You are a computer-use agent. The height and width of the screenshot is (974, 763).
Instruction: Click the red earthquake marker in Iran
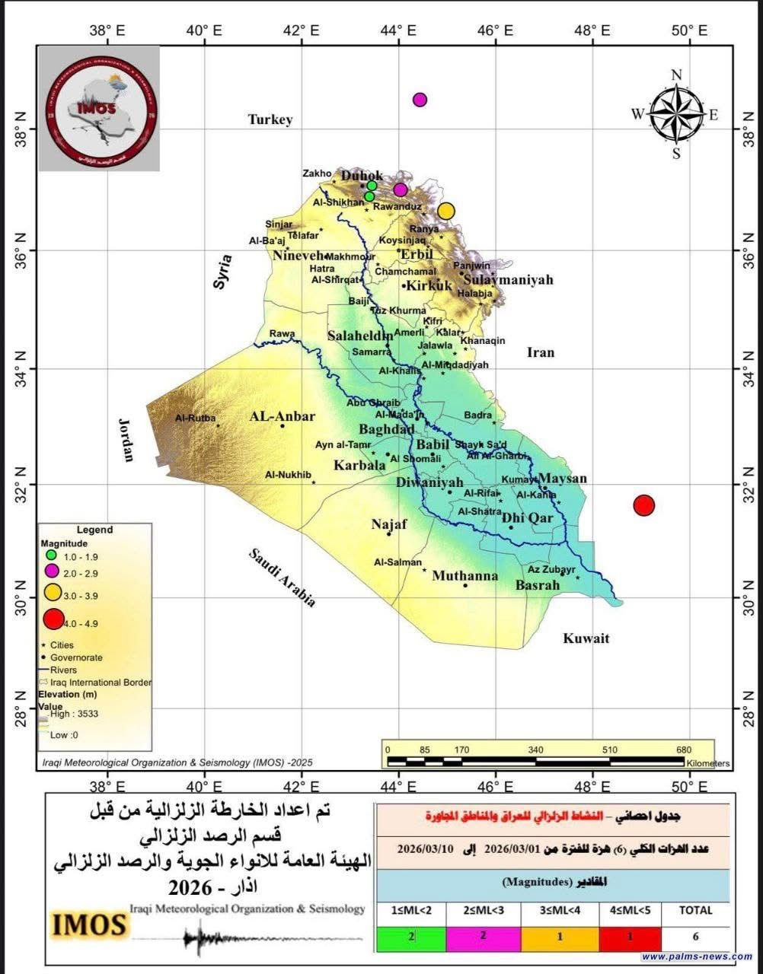644,505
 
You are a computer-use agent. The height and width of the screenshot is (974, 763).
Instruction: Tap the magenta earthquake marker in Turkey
420,100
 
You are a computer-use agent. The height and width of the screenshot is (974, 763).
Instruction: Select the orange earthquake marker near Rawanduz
446,211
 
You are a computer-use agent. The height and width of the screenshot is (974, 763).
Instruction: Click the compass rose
676,114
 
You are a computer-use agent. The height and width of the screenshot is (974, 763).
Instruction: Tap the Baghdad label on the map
387,429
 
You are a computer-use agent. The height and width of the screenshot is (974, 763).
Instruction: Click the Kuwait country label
586,638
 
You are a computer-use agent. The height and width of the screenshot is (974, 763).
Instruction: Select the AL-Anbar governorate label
283,416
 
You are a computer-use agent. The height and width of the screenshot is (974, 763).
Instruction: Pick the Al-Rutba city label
196,418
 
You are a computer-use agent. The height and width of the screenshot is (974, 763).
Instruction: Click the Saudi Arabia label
283,577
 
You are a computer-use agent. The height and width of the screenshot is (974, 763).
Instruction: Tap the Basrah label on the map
538,585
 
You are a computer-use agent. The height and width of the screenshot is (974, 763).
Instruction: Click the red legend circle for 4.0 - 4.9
53,619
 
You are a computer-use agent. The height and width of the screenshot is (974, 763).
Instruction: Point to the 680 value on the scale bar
683,750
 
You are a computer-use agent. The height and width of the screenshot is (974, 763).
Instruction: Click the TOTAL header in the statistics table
695,910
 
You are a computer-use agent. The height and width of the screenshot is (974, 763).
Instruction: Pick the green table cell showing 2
412,937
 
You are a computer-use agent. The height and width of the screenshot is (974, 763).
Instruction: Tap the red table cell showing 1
630,937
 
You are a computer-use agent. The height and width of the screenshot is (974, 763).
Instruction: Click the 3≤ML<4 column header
558,910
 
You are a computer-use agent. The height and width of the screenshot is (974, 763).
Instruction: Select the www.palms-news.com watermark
697,956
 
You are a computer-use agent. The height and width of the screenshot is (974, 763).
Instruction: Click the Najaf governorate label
389,524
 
